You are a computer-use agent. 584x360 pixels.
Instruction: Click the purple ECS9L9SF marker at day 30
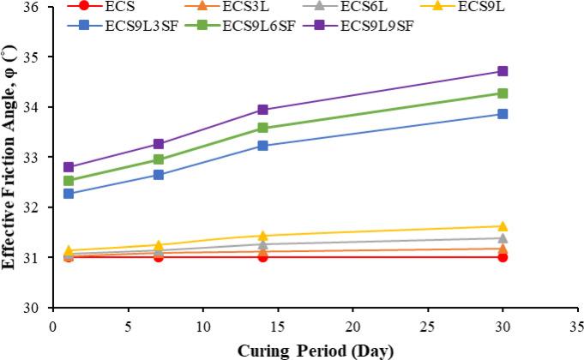pyautogui.click(x=503, y=71)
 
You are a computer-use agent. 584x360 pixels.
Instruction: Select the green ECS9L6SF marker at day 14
pyautogui.click(x=262, y=128)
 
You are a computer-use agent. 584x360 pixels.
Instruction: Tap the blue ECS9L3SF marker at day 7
pyautogui.click(x=158, y=174)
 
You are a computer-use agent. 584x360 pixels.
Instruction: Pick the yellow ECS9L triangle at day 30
pyautogui.click(x=503, y=226)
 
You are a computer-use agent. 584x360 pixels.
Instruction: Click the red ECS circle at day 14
pyautogui.click(x=262, y=256)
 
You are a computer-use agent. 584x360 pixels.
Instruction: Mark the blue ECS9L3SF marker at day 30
pyautogui.click(x=503, y=113)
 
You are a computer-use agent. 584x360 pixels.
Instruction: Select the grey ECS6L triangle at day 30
pyautogui.click(x=503, y=238)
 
